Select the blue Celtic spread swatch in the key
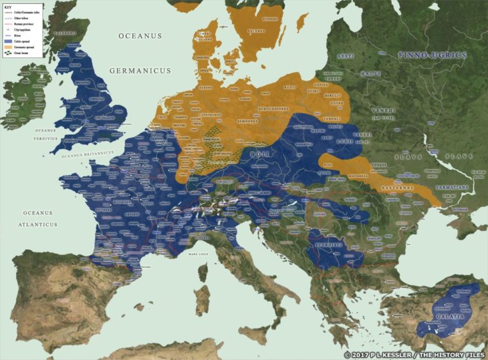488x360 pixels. point(8,41)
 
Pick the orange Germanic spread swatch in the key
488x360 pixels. point(8,47)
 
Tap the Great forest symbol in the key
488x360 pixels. point(8,53)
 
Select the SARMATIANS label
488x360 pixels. point(452,189)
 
